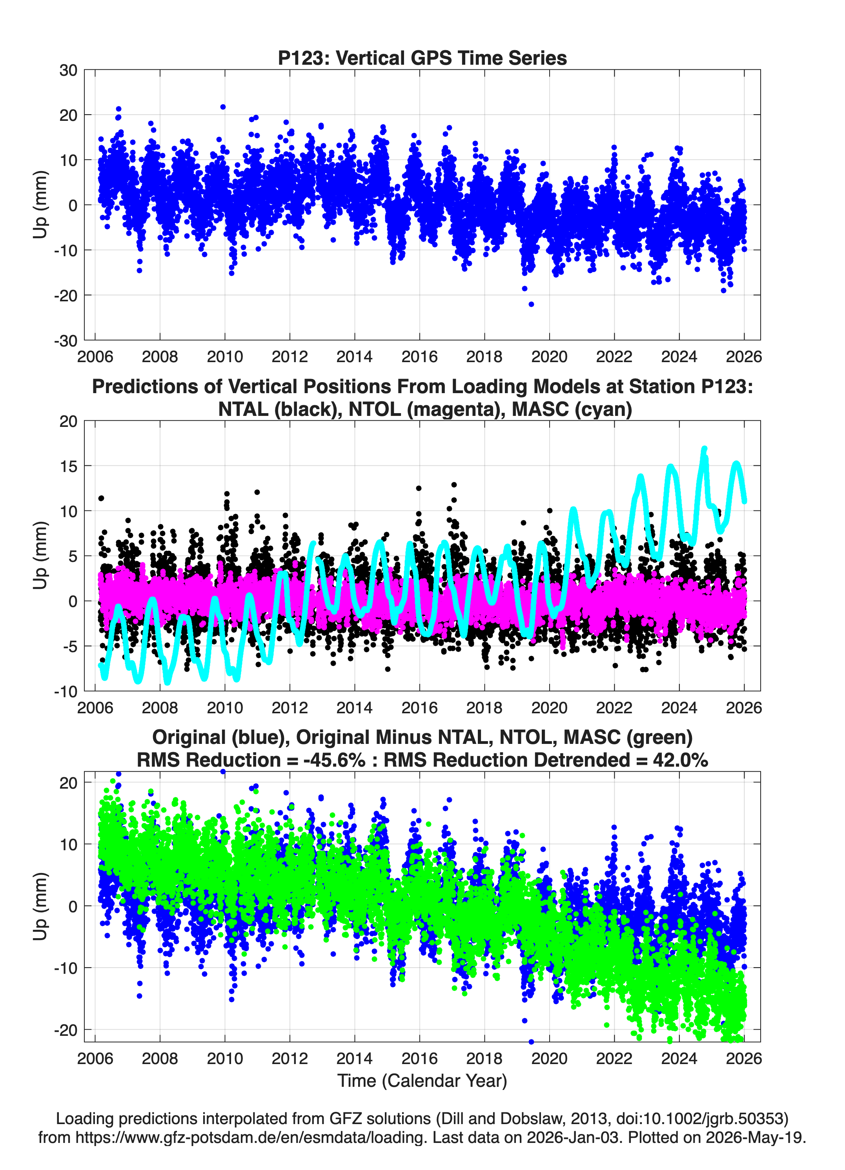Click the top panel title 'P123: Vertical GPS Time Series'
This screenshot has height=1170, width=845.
(422, 58)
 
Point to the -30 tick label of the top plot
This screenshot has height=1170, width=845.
(66, 341)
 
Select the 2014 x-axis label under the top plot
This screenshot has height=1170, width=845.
(354, 357)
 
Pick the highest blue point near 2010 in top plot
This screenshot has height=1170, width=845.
(223, 107)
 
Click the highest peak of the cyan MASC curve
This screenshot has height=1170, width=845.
(704, 449)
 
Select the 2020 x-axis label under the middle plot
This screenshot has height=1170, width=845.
(549, 707)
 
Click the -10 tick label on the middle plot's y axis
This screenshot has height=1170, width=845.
(66, 691)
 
